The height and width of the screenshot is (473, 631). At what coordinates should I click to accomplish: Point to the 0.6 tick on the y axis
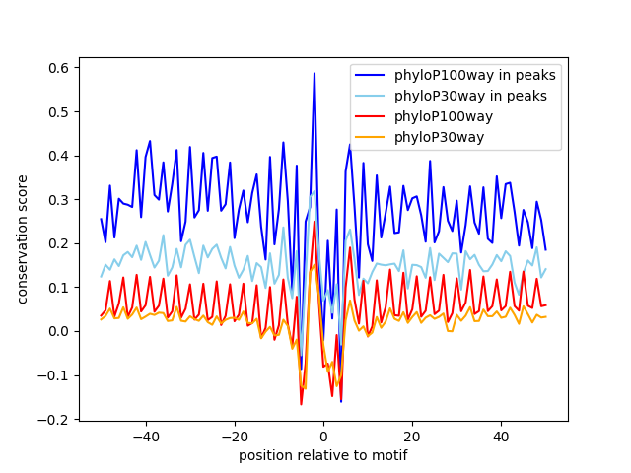click(61, 68)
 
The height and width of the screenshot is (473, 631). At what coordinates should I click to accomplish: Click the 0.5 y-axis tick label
click(61, 111)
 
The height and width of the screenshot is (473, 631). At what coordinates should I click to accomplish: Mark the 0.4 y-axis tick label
click(61, 156)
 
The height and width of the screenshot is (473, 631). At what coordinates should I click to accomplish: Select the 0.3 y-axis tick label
click(61, 199)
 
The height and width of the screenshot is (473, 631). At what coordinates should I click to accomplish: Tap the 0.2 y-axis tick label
click(61, 243)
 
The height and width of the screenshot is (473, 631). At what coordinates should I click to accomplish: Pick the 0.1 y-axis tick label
click(61, 287)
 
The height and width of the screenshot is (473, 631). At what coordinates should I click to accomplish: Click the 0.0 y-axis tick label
click(61, 331)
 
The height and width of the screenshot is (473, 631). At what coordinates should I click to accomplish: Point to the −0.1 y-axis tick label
click(57, 374)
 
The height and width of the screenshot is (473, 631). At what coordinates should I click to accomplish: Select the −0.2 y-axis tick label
click(57, 419)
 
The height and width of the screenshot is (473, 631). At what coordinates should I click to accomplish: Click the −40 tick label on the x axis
click(145, 437)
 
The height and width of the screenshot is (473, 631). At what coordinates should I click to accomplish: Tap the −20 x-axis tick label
click(234, 437)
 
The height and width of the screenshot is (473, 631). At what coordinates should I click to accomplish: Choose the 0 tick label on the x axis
click(323, 437)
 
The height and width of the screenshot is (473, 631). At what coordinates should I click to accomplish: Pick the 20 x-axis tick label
click(412, 437)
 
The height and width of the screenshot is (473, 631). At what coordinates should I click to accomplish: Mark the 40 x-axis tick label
click(501, 437)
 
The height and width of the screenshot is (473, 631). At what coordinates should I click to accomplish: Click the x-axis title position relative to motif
click(322, 455)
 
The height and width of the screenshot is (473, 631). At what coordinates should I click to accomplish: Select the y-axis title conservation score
click(23, 242)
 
